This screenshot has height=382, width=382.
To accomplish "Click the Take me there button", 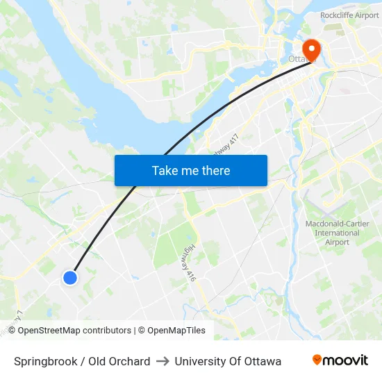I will tap(191, 170).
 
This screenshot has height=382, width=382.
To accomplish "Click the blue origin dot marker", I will tap(70, 278).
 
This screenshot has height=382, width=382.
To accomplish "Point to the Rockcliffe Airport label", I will tap(349, 15).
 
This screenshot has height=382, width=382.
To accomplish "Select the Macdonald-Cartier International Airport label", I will tap(337, 233).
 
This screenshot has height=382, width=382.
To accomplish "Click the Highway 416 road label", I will tap(191, 263).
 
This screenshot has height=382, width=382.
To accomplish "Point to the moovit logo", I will tap(340, 360).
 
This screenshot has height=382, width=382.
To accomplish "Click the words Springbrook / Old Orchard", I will tap(82, 361).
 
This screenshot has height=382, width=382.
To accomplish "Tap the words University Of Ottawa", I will tap(228, 361).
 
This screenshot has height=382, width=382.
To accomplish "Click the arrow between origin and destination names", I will tap(163, 361).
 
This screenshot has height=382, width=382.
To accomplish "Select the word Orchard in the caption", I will tap(129, 361).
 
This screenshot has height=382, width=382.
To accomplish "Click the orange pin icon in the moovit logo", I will tap(317, 360).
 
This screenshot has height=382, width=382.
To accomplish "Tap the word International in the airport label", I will tap(337, 233).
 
